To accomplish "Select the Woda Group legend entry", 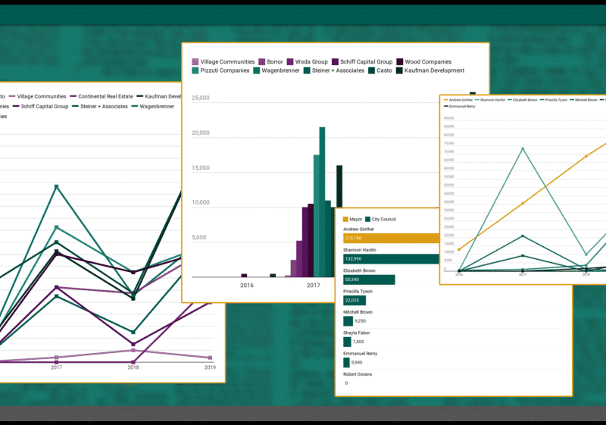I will (x=309, y=61).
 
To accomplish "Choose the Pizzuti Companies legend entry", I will (x=224, y=70).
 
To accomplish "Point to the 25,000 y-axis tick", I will (x=200, y=98).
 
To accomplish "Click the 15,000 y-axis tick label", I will (x=200, y=168).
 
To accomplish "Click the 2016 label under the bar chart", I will (x=247, y=285).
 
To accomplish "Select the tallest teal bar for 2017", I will (x=322, y=202).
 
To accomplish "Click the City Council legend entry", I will (x=383, y=219).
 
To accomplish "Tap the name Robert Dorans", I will (x=361, y=373).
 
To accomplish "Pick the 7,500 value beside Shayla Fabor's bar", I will (x=358, y=342).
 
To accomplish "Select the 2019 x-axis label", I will (x=210, y=367).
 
